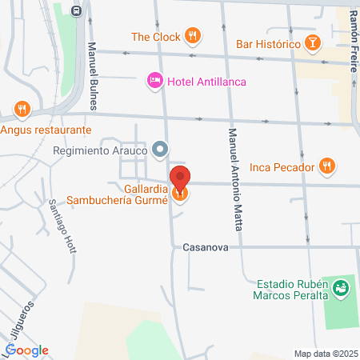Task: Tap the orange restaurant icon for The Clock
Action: tap(191, 36)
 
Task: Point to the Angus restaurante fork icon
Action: tap(21, 110)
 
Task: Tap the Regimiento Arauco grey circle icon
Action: tap(161, 150)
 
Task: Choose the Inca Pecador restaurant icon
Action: tap(326, 166)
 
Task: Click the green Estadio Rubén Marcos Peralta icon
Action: tap(342, 286)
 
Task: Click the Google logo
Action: tap(26, 350)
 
